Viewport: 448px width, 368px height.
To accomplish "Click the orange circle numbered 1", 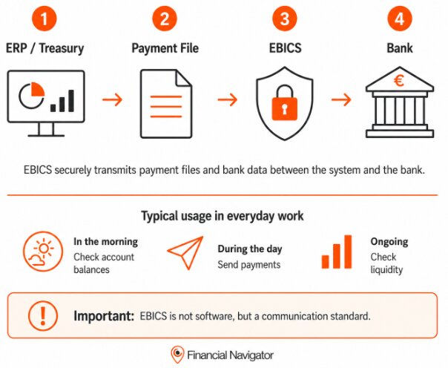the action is (44, 19).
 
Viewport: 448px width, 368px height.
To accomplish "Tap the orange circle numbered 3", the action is (285, 19).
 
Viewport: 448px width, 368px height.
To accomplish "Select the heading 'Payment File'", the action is (165, 48).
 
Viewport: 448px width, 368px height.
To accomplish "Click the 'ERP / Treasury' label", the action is (45, 48).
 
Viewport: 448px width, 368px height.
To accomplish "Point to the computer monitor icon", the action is (46, 103).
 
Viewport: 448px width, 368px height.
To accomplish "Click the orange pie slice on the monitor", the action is (38, 89).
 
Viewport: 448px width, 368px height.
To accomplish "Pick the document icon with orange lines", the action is (166, 104).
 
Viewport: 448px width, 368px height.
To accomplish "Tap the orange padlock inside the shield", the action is (285, 103).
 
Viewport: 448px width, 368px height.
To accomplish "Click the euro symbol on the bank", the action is (399, 81).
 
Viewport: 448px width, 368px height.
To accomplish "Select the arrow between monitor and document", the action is (112, 99).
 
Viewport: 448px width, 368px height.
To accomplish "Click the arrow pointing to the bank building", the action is (341, 99).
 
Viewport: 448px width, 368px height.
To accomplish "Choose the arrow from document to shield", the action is (228, 99).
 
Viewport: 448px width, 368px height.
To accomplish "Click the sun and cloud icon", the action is (43, 252).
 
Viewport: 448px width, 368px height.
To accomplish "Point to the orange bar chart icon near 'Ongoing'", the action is (337, 252).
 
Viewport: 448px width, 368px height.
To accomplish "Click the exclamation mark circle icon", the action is (43, 315).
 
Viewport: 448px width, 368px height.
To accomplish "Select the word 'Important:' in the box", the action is (104, 316).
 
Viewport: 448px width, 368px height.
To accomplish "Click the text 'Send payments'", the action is (249, 265).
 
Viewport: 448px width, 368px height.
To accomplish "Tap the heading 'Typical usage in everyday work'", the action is (223, 216).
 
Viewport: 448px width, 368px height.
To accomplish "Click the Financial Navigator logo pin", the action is (177, 355).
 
